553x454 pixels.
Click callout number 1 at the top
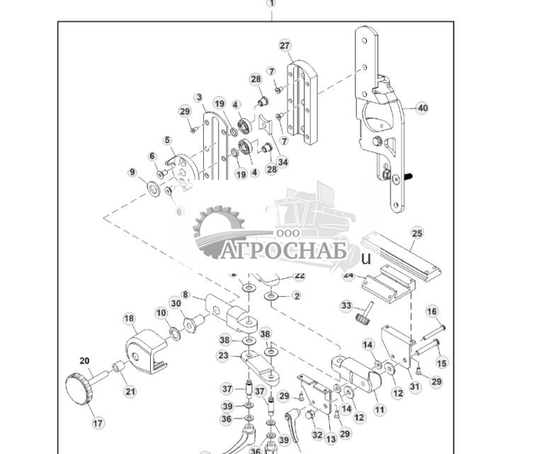tap(271, 4)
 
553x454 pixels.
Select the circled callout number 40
tap(423, 108)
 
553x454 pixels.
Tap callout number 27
tap(285, 46)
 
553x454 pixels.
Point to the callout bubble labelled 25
tap(417, 233)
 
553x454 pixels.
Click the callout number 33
tap(346, 306)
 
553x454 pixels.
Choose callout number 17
tap(98, 423)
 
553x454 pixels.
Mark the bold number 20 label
tap(84, 361)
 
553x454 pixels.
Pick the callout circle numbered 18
tap(129, 319)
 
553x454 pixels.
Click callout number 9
tap(132, 172)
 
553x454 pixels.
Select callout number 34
tap(283, 162)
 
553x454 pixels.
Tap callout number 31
tap(415, 387)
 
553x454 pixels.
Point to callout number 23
tap(223, 356)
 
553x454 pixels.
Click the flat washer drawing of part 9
tap(152, 188)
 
